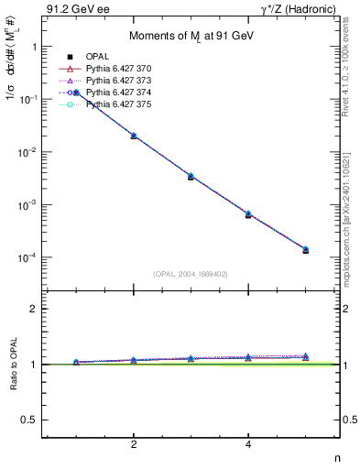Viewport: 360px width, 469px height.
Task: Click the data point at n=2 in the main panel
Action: pyautogui.click(x=134, y=136)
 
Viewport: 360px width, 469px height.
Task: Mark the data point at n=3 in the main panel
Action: pyautogui.click(x=191, y=176)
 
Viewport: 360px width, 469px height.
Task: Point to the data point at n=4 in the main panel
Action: pyautogui.click(x=248, y=214)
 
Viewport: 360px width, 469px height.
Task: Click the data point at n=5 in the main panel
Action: pyautogui.click(x=305, y=249)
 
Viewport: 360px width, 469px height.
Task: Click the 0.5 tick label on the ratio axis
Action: pyautogui.click(x=29, y=420)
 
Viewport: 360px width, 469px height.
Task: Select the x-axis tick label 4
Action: pyautogui.click(x=248, y=444)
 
